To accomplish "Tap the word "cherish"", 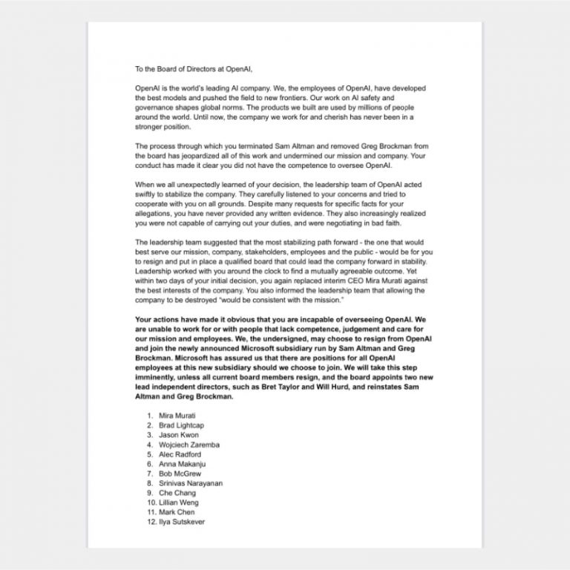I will pyautogui.click(x=344, y=117).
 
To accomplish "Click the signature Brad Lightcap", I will pyautogui.click(x=181, y=425).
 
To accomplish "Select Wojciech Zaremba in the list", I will pyautogui.click(x=189, y=445).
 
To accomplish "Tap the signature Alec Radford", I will pyautogui.click(x=180, y=454).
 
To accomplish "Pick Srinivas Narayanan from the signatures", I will pyautogui.click(x=191, y=483).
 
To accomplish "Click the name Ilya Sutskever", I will pyautogui.click(x=182, y=522).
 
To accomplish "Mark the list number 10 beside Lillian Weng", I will pyautogui.click(x=149, y=502).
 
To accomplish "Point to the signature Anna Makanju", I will pyautogui.click(x=181, y=464).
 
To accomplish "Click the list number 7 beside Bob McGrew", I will pyautogui.click(x=151, y=474).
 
